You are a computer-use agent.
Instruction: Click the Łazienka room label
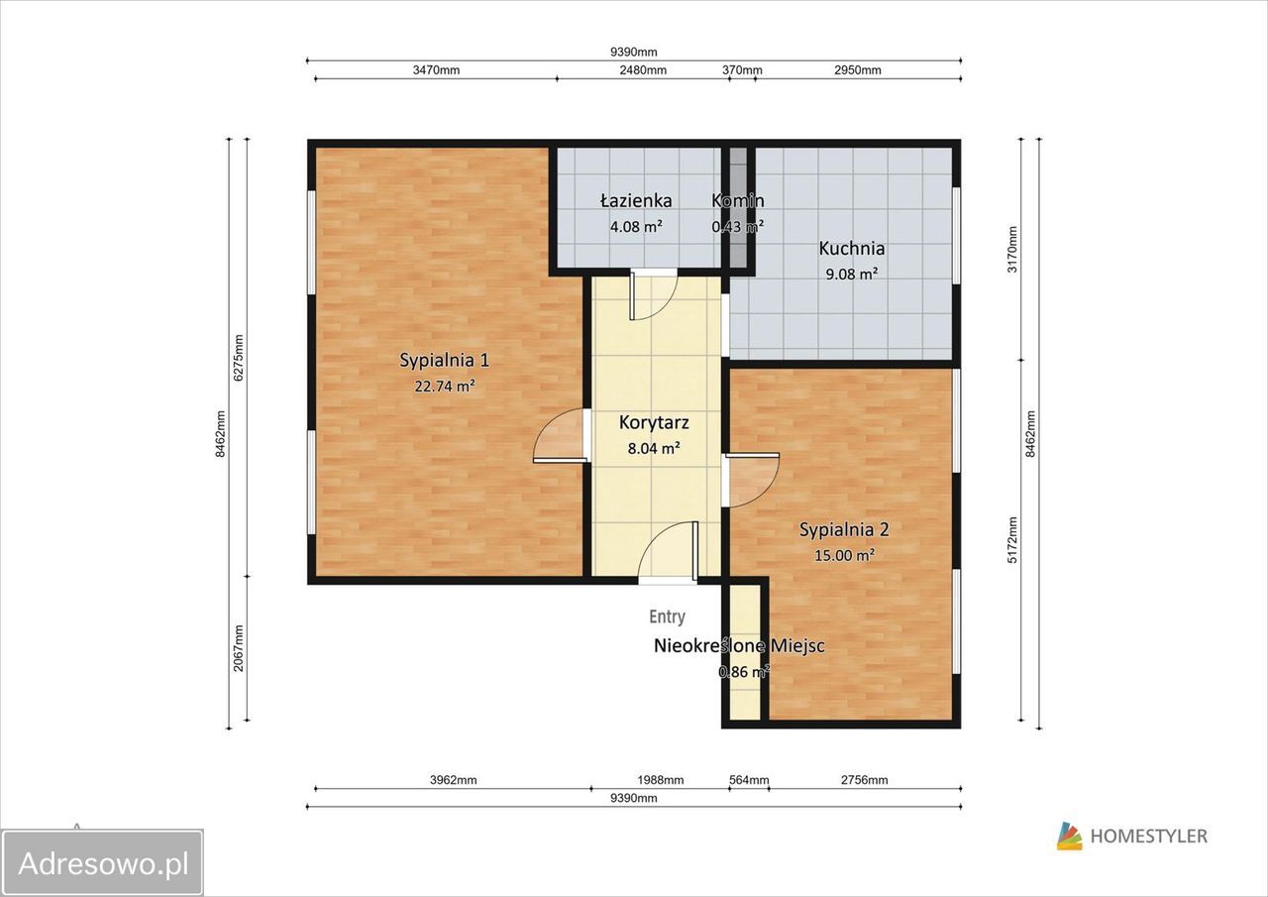pyautogui.click(x=636, y=200)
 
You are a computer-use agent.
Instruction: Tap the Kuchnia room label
pyautogui.click(x=851, y=248)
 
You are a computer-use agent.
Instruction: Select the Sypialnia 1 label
pyautogui.click(x=445, y=360)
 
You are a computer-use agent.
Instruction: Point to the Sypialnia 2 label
pyautogui.click(x=844, y=529)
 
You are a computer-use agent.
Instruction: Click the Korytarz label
pyautogui.click(x=654, y=422)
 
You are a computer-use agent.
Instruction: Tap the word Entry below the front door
pyautogui.click(x=668, y=617)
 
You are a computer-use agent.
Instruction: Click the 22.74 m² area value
pyautogui.click(x=445, y=387)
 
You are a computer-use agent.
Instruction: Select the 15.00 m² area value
pyautogui.click(x=845, y=555)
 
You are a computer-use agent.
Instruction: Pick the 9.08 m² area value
pyautogui.click(x=851, y=275)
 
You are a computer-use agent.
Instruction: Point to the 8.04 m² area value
pyautogui.click(x=654, y=448)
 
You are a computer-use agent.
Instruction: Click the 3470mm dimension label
pyautogui.click(x=436, y=70)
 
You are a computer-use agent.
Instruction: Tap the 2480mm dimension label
pyautogui.click(x=643, y=70)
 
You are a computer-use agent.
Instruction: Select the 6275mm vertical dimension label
pyautogui.click(x=239, y=358)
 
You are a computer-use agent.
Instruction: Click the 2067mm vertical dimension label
pyautogui.click(x=239, y=648)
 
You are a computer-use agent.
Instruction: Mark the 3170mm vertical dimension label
pyautogui.click(x=1012, y=250)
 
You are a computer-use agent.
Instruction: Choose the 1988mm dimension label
pyautogui.click(x=661, y=780)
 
